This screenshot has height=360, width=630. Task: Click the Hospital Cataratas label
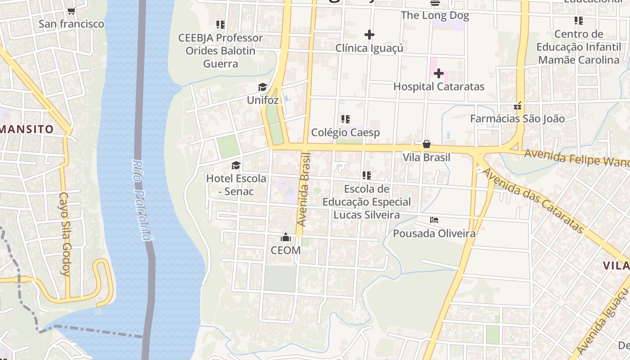(439, 86)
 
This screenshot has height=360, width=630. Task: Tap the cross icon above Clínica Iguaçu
(369, 35)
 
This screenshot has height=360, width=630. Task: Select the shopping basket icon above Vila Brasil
(426, 144)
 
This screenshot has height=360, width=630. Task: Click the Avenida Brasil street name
(304, 189)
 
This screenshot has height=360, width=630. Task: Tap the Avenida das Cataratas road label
(533, 201)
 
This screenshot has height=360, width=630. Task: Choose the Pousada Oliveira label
(434, 234)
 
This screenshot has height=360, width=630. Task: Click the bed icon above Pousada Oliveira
(434, 220)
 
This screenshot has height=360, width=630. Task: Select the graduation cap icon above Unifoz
(262, 87)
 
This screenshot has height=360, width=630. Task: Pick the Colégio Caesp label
(346, 133)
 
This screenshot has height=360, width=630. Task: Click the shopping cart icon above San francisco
(71, 11)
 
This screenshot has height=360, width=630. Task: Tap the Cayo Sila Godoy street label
(66, 234)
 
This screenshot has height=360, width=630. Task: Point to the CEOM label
(285, 250)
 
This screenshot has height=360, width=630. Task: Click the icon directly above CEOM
(285, 237)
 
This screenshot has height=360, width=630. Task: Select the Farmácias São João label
(517, 119)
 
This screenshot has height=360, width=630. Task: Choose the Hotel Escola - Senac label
(236, 185)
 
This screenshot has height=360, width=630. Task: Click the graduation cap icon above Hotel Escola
(236, 165)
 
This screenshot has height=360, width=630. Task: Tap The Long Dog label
(435, 15)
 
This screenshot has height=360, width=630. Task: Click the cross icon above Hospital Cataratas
(439, 73)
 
